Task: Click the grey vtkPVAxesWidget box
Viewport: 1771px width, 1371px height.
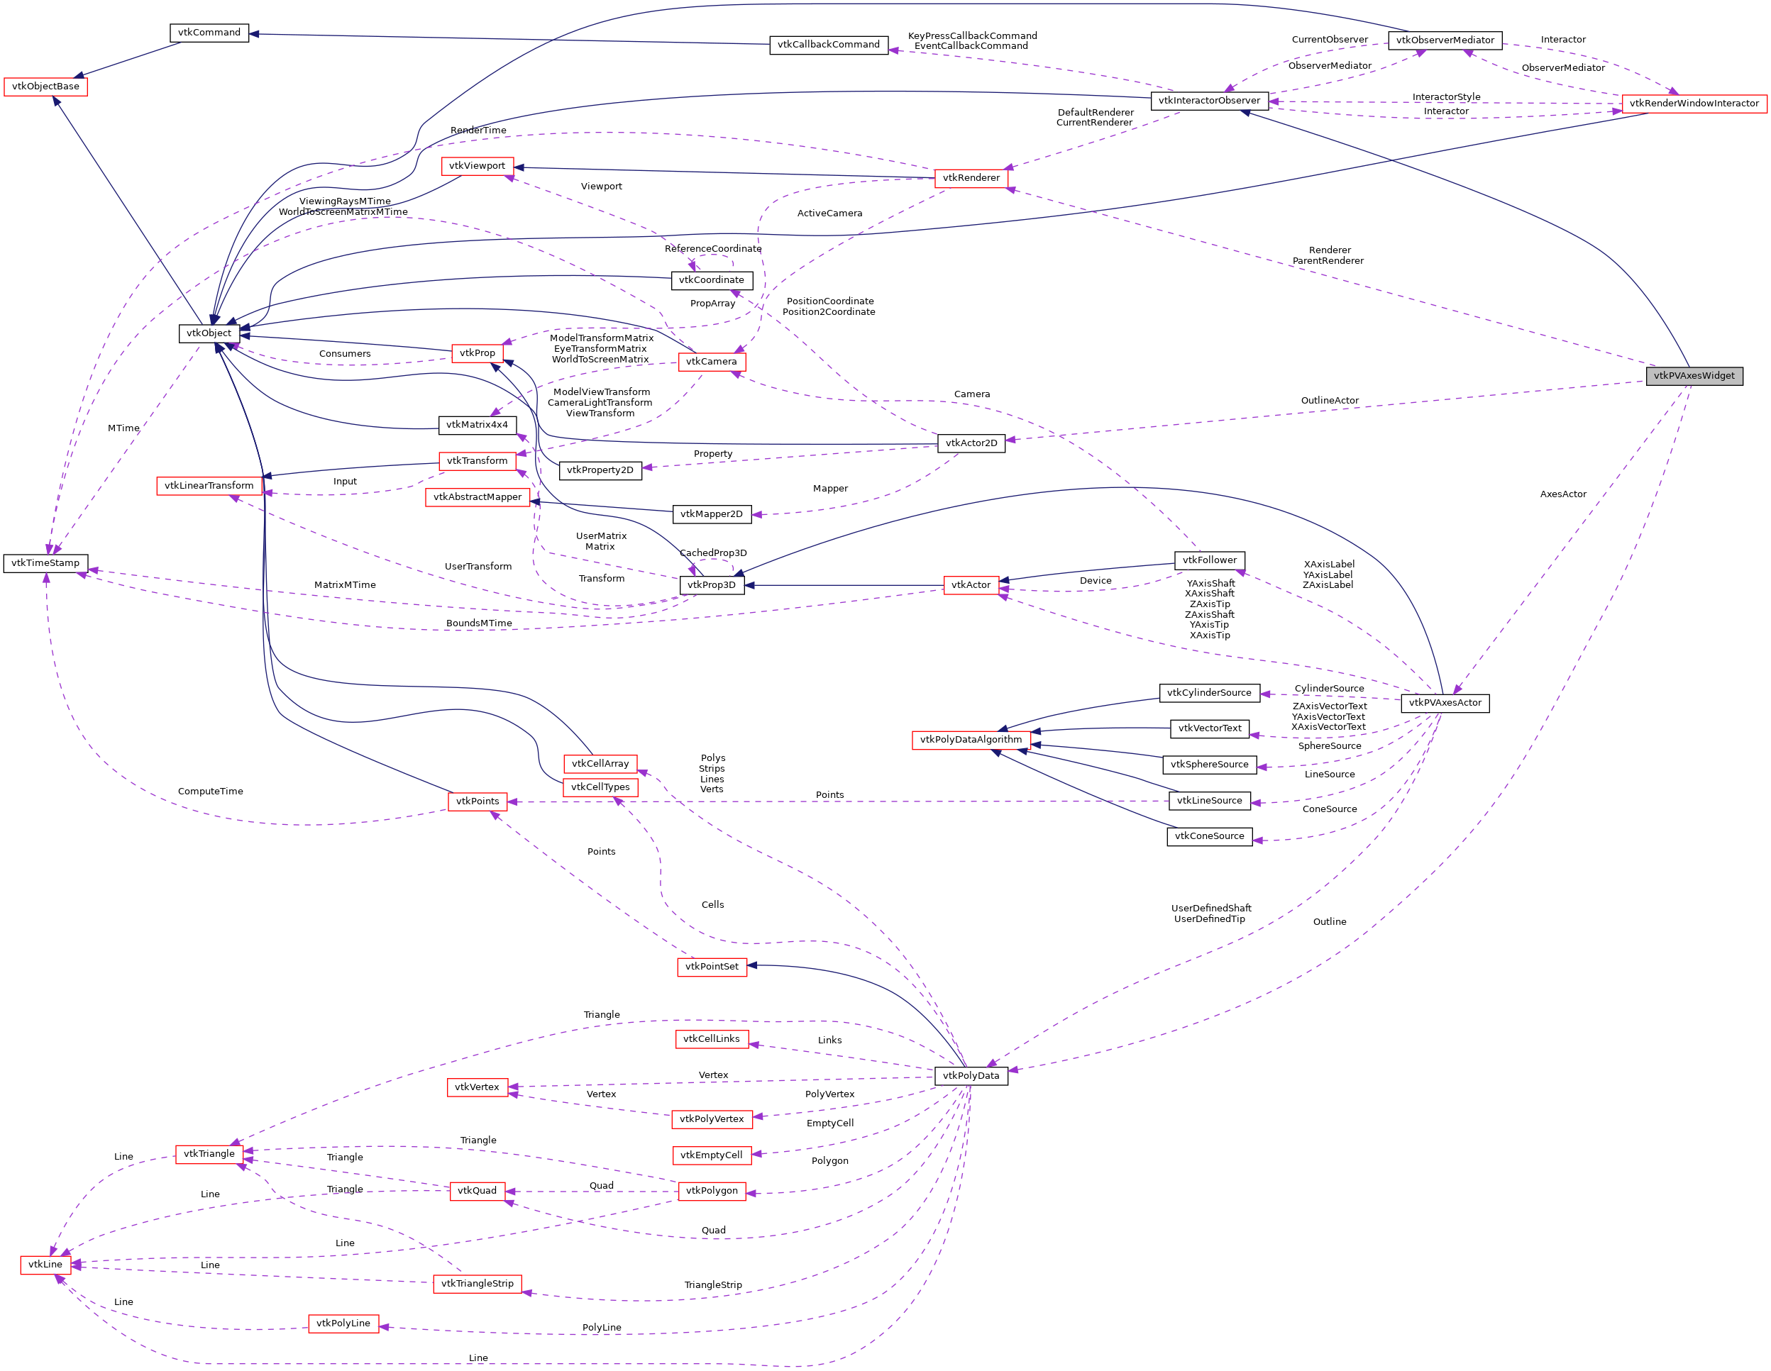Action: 1693,375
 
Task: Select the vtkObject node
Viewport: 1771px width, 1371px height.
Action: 209,333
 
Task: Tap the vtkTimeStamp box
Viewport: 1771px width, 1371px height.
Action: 45,562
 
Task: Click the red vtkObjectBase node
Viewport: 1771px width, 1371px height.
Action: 45,87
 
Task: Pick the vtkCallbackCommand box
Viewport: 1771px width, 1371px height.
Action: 828,45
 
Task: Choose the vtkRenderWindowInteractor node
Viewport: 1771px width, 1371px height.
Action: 1693,103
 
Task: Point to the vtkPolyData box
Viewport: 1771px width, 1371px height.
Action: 971,1076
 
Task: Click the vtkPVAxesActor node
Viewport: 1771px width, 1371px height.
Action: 1444,703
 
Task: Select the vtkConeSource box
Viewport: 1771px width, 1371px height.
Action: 1209,836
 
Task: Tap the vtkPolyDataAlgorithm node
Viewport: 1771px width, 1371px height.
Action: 971,740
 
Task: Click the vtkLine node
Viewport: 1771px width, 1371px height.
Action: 45,1264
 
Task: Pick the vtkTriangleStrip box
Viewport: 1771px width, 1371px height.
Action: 477,1284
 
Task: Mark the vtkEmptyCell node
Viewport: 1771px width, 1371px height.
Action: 711,1155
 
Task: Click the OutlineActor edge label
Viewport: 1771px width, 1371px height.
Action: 1329,401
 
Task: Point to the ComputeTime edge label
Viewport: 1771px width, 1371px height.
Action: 210,792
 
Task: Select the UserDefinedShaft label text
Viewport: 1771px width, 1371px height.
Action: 1210,908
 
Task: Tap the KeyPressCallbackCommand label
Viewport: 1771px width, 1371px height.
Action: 971,35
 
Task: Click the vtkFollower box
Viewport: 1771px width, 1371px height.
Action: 1209,560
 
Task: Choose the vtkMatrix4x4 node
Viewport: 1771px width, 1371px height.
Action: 477,425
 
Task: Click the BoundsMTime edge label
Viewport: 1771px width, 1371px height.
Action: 478,623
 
